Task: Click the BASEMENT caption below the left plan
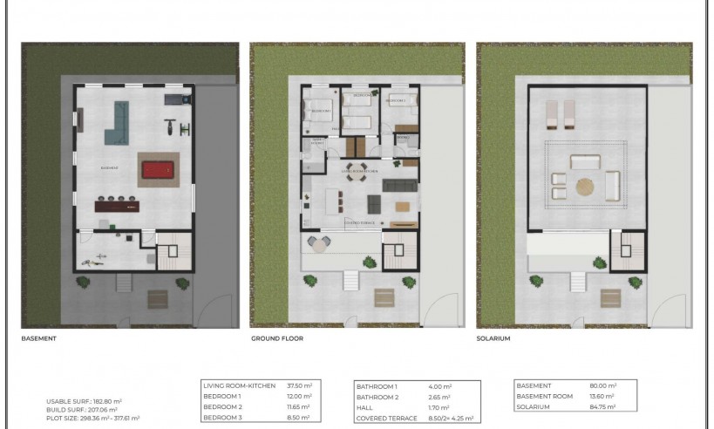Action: pos(38,337)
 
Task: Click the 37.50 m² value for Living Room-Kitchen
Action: pos(299,385)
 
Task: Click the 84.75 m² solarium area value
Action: pos(602,406)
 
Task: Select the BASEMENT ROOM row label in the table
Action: pos(541,396)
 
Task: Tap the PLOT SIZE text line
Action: pos(92,417)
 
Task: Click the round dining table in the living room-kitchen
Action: pos(354,167)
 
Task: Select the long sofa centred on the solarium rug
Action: pos(584,162)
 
